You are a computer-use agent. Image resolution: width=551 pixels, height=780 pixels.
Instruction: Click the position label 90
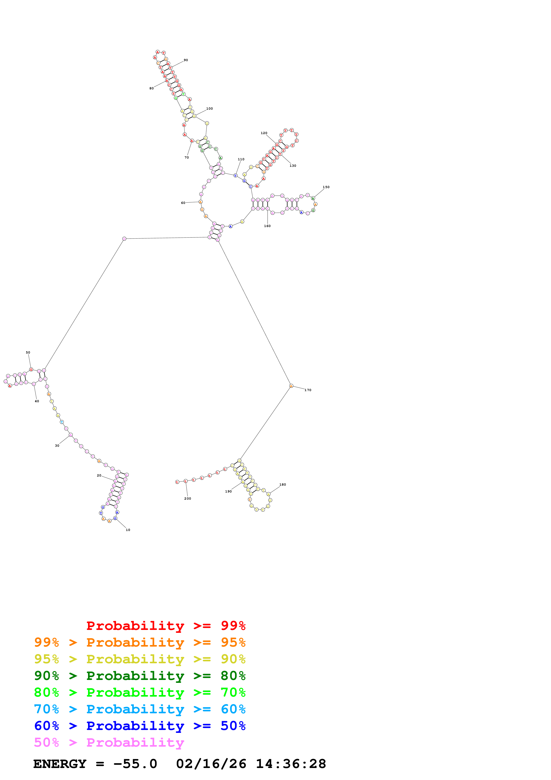pyautogui.click(x=186, y=60)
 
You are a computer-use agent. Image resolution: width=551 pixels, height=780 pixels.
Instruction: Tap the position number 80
pyautogui.click(x=151, y=88)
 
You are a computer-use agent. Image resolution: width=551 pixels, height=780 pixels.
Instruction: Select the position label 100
pyautogui.click(x=209, y=109)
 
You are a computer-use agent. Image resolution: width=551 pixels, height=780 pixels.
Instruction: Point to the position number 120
pyautogui.click(x=264, y=133)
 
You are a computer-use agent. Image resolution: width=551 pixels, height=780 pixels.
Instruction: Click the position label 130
pyautogui.click(x=293, y=166)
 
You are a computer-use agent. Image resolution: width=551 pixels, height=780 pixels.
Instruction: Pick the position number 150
pyautogui.click(x=326, y=187)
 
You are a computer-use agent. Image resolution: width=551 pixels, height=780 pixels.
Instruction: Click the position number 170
pyautogui.click(x=308, y=390)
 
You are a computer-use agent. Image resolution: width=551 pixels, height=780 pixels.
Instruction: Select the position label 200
pyautogui.click(x=187, y=498)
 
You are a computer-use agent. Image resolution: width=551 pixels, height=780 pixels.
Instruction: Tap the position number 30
pyautogui.click(x=57, y=445)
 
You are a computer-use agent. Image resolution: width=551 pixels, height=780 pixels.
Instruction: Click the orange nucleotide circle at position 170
pyautogui.click(x=291, y=386)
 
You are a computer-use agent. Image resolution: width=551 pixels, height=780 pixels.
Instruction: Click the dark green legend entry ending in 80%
pyautogui.click(x=140, y=676)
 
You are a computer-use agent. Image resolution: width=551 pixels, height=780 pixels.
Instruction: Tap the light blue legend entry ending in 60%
pyautogui.click(x=140, y=709)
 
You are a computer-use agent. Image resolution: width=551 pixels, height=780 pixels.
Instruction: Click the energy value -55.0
pyautogui.click(x=135, y=764)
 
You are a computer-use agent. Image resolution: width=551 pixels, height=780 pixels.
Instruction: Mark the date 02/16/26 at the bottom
pyautogui.click(x=211, y=764)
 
